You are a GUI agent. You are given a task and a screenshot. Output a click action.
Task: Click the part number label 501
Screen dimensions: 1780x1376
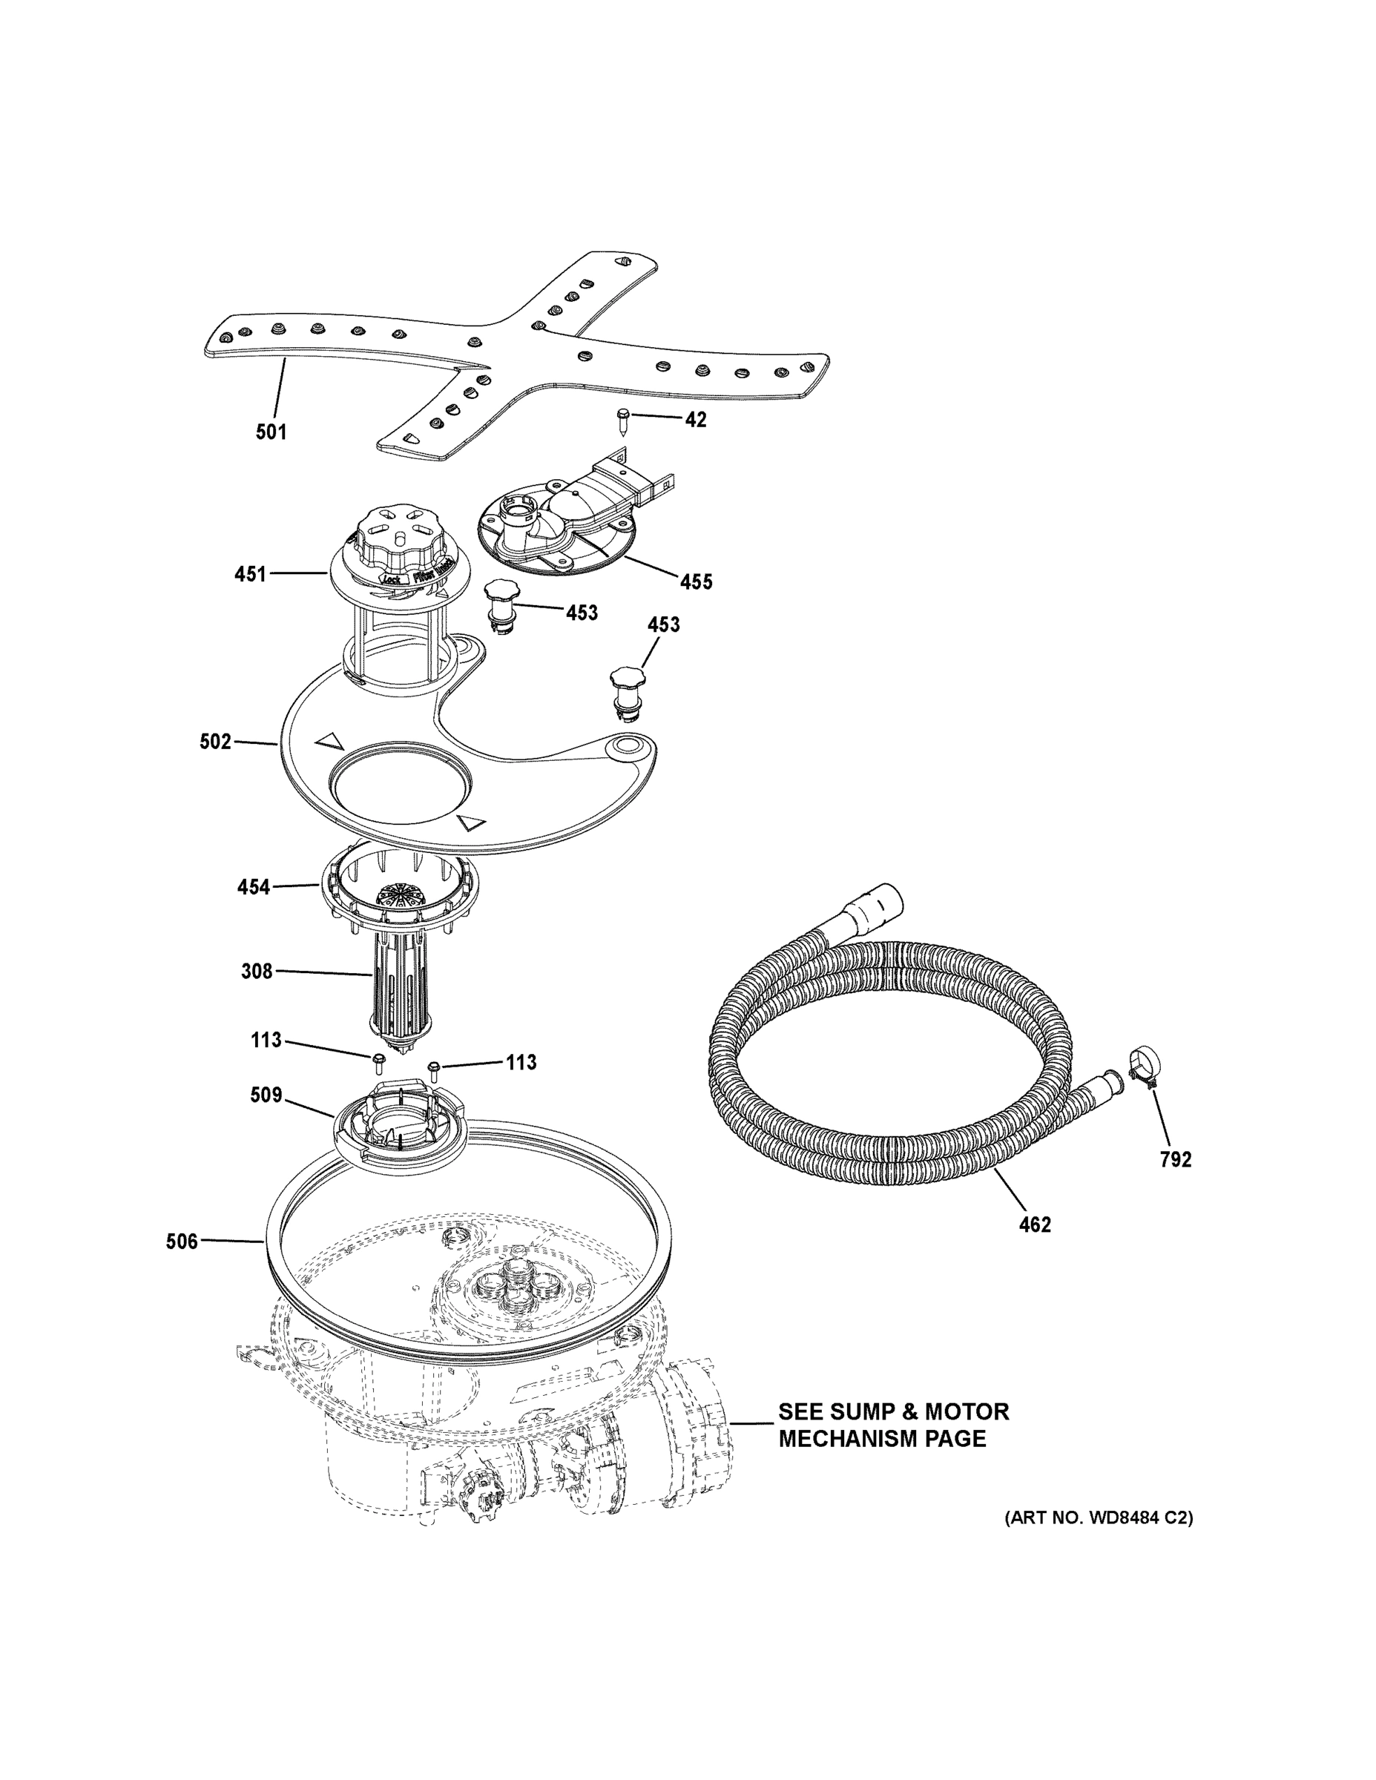271,432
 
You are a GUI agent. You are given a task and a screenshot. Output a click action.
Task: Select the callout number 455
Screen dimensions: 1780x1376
696,582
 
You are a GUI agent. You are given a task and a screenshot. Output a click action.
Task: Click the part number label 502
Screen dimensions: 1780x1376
215,742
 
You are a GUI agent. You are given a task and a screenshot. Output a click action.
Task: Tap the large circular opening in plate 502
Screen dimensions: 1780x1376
399,788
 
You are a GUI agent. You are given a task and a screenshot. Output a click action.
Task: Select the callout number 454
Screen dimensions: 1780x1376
253,887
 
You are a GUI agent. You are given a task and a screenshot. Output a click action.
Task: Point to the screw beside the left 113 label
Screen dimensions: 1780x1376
379,1061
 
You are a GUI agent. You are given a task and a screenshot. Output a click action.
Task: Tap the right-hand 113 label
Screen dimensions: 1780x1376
521,1063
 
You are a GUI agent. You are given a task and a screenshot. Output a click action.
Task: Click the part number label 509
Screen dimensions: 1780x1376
266,1095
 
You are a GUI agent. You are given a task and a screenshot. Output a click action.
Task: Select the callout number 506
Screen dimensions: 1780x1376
182,1242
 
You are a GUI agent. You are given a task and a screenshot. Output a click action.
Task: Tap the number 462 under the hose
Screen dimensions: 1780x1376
1035,1224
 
